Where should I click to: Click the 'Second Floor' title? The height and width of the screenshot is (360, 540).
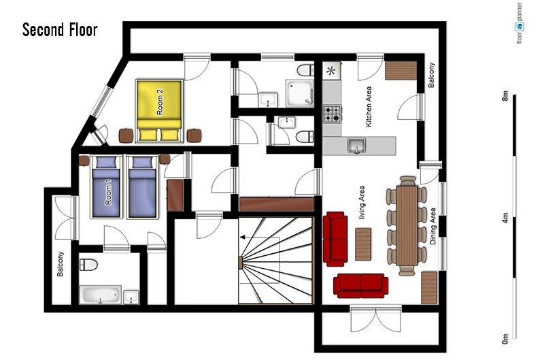pyautogui.click(x=60, y=30)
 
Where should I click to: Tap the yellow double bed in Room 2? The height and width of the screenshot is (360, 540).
pyautogui.click(x=159, y=111)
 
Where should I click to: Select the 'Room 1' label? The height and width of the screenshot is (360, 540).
pyautogui.click(x=108, y=195)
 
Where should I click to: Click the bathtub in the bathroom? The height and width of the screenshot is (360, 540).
pyautogui.click(x=100, y=295)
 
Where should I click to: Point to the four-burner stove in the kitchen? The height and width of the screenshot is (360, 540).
pyautogui.click(x=333, y=114)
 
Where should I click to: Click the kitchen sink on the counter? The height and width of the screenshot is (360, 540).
pyautogui.click(x=357, y=145)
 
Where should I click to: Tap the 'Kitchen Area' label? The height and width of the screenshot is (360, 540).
pyautogui.click(x=369, y=107)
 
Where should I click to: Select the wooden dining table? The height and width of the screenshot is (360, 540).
pyautogui.click(x=407, y=225)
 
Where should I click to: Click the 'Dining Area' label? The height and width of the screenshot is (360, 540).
pyautogui.click(x=433, y=227)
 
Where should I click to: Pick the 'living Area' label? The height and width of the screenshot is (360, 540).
pyautogui.click(x=362, y=203)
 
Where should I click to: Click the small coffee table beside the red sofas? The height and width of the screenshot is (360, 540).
pyautogui.click(x=363, y=244)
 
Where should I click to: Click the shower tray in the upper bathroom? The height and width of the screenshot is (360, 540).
pyautogui.click(x=300, y=93)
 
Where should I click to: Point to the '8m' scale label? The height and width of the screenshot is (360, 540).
pyautogui.click(x=505, y=95)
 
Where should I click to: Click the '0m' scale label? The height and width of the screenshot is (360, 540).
pyautogui.click(x=505, y=339)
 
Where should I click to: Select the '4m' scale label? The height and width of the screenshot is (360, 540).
pyautogui.click(x=505, y=218)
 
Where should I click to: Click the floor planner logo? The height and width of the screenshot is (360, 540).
pyautogui.click(x=520, y=23)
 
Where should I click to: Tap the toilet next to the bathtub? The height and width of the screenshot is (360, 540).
pyautogui.click(x=88, y=265)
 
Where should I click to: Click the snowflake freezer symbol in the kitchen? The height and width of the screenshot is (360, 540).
pyautogui.click(x=331, y=71)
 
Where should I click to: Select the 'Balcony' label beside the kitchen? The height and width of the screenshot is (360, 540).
pyautogui.click(x=431, y=75)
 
